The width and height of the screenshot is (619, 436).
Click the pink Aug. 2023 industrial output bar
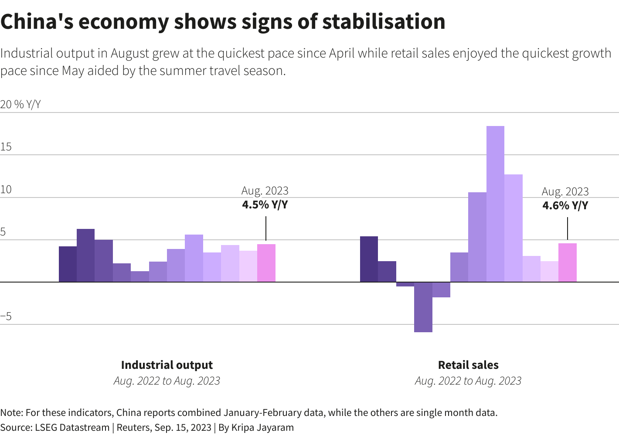click(266, 263)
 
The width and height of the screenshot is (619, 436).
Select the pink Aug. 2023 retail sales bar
click(568, 262)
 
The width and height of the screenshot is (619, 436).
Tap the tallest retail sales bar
click(495, 204)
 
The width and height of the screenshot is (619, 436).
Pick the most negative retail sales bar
click(423, 307)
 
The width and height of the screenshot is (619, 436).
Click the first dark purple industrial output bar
click(68, 264)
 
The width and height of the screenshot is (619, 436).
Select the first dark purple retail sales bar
click(369, 259)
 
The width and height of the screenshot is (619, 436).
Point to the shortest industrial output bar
click(140, 276)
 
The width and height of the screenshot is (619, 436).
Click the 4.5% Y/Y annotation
click(265, 204)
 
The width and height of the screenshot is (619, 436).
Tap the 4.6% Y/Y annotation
click(565, 205)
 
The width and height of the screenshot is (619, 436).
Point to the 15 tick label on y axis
click(6, 147)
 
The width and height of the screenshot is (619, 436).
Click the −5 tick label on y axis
click(6, 317)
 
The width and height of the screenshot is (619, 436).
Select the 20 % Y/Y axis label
click(20, 105)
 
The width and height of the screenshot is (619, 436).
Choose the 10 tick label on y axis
click(6, 190)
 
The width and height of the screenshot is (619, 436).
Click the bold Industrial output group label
click(167, 365)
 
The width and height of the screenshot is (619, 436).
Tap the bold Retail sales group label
click(468, 365)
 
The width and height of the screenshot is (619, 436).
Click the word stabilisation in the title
click(384, 22)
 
